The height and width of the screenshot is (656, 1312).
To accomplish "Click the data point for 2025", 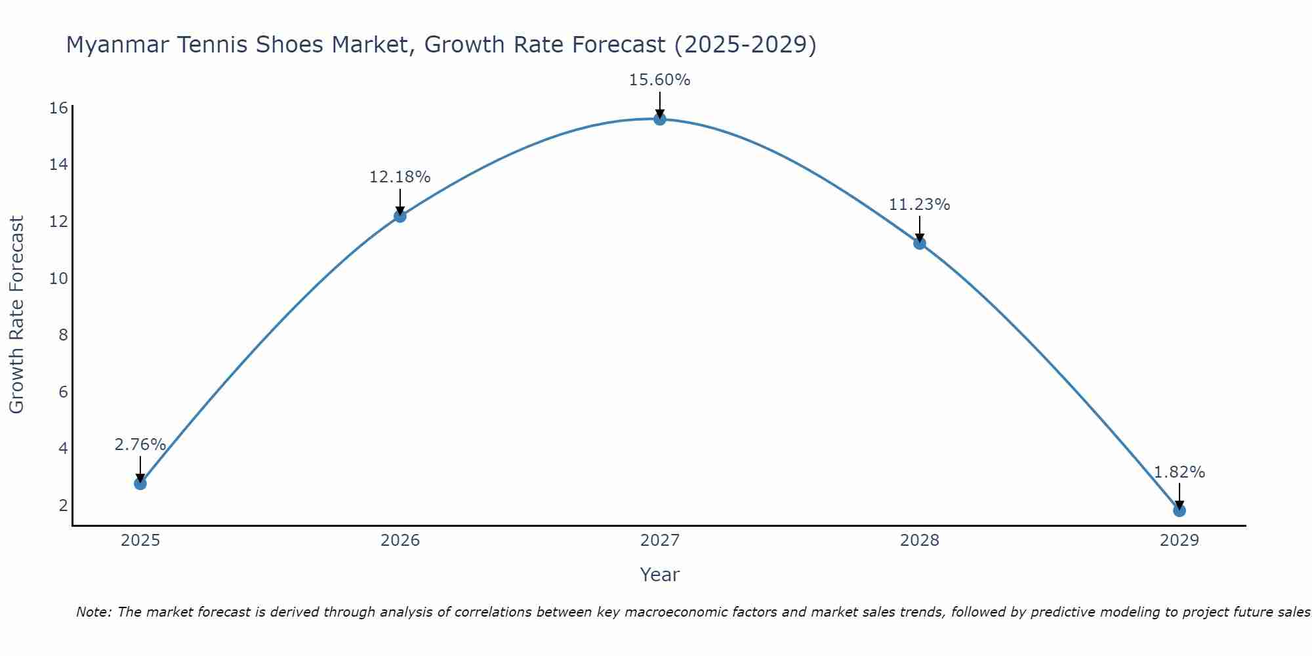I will (x=140, y=483).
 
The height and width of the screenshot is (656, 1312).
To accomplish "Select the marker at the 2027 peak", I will (x=660, y=119).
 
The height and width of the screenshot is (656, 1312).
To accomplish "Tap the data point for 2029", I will (x=1179, y=510).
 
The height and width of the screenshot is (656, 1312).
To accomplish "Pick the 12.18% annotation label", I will (x=400, y=177).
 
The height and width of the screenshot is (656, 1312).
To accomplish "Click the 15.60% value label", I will (x=659, y=80).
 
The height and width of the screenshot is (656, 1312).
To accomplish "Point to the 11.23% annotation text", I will (x=919, y=205).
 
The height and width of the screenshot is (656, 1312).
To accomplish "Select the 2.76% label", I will (x=140, y=445).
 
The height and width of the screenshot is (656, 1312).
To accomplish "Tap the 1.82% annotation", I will (x=1179, y=472).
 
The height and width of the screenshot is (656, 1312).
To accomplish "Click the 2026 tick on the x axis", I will (x=400, y=541).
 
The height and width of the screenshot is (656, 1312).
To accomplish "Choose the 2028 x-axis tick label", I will (x=920, y=541).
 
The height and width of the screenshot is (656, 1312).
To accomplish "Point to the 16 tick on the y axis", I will (x=58, y=108).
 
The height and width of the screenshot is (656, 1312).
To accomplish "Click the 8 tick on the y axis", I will (x=63, y=335).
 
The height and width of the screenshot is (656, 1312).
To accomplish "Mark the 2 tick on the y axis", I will (x=63, y=505).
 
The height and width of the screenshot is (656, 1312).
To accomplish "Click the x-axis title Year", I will (x=659, y=575).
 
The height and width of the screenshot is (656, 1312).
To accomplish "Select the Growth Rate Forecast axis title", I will (x=17, y=315).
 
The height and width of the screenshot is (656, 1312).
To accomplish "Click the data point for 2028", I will (x=920, y=243).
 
